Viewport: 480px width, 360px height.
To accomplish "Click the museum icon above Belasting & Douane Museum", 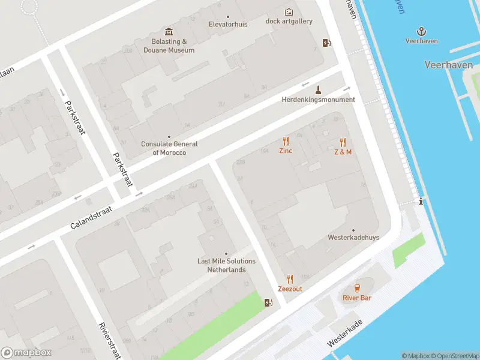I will tap(169, 32).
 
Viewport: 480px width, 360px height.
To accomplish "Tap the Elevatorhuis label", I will tap(227, 24).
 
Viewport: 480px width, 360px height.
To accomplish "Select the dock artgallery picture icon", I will tap(289, 12).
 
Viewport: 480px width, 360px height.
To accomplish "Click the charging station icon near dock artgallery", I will tap(326, 43).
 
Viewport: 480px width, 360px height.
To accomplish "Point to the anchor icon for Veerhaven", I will tap(421, 31).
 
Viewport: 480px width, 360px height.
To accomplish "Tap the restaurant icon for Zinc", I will tap(286, 142).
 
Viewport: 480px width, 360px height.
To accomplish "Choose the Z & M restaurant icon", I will tap(343, 142).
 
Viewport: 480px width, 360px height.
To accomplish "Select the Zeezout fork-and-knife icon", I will tap(290, 279).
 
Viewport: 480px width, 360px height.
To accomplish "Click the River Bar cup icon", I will tap(357, 288).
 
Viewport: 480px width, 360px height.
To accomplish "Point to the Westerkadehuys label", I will tap(353, 238).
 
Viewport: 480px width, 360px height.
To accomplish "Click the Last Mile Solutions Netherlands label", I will tap(226, 265).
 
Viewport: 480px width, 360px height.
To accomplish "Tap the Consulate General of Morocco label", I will tap(169, 148).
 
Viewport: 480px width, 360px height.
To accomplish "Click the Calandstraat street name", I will tap(92, 217).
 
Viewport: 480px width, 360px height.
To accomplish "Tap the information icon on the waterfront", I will tap(421, 202).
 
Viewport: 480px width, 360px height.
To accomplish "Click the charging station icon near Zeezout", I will tap(268, 302).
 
